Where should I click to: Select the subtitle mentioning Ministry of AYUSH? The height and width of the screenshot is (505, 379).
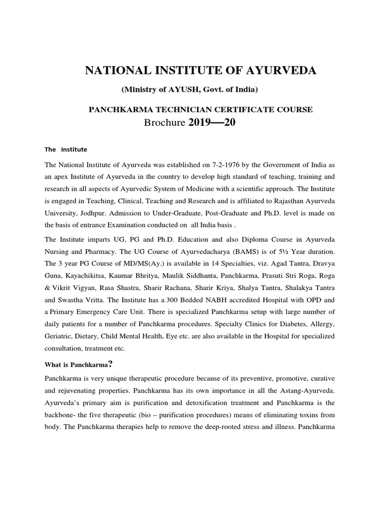point(197,89)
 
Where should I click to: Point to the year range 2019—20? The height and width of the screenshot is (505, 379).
point(212,123)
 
